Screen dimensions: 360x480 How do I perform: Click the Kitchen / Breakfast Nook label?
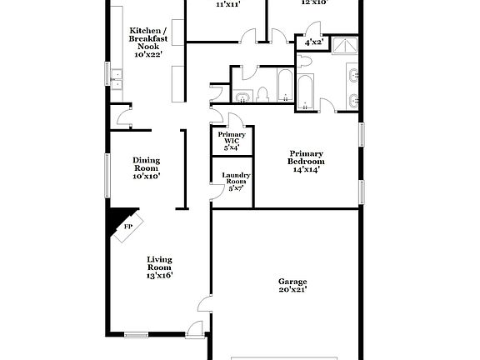[x=145, y=38]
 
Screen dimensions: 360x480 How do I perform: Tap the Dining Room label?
[x=146, y=167]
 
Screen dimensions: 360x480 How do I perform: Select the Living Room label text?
[x=160, y=266]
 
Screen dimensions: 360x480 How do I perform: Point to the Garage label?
[x=292, y=285]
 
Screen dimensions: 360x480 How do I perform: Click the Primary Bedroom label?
[x=307, y=161]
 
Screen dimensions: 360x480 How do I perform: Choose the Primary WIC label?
[x=232, y=141]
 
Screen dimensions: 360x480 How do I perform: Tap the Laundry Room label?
[x=236, y=180]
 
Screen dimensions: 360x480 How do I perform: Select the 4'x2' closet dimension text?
[x=314, y=41]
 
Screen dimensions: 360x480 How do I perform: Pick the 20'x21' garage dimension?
[x=292, y=290]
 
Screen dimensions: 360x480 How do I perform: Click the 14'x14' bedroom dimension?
[x=307, y=169]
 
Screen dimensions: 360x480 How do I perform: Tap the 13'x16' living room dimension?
[x=160, y=275]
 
